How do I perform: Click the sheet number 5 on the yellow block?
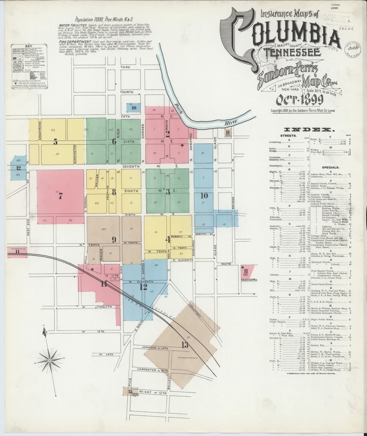pyautogui.click(x=56, y=142)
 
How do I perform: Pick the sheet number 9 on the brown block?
pyautogui.click(x=114, y=239)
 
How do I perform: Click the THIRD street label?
pyautogui.click(x=125, y=67)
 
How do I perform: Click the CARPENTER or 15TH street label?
pyautogui.click(x=153, y=370)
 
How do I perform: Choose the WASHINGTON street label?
pyautogui.click(x=249, y=280)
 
